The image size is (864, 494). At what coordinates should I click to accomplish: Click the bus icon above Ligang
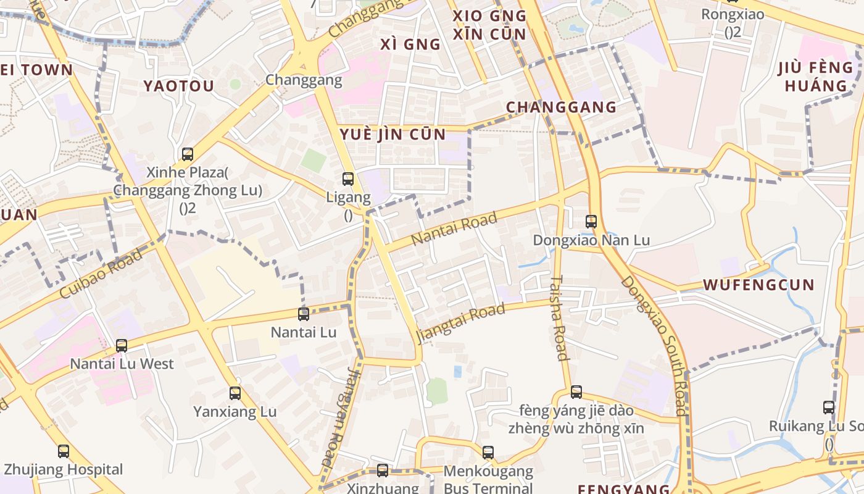348,179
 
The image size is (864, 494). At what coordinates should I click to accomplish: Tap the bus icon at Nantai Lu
304,314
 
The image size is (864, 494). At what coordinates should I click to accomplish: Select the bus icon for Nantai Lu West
122,345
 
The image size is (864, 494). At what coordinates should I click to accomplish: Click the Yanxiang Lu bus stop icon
235,393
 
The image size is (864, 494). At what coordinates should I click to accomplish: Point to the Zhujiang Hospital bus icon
64,451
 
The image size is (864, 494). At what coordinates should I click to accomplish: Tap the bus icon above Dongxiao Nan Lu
591,221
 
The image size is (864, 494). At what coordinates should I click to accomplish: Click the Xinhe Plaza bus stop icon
188,154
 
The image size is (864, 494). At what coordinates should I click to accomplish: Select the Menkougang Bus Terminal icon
488,453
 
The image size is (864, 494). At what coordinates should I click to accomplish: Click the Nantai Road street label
454,228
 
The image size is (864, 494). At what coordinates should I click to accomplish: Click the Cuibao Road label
101,274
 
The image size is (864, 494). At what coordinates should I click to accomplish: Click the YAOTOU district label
178,86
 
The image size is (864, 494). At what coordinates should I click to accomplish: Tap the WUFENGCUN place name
759,285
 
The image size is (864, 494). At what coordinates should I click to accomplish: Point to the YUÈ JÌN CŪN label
392,134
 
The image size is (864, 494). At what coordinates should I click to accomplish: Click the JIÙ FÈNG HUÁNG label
816,76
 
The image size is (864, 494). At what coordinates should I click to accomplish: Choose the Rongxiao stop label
733,14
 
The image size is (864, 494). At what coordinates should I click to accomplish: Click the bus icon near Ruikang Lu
829,407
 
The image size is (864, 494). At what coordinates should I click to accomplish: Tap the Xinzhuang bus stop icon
383,471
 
